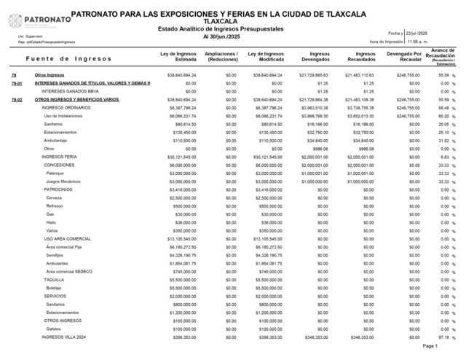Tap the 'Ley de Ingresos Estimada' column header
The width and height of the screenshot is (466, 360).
click(x=178, y=56)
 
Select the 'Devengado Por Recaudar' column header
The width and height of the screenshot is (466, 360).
click(x=404, y=56)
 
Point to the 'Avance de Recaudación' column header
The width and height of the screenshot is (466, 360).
click(x=442, y=55)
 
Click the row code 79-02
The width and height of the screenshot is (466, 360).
click(x=17, y=99)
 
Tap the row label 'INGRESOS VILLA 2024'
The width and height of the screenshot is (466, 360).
click(x=64, y=337)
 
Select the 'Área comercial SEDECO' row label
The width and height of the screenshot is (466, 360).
click(x=71, y=271)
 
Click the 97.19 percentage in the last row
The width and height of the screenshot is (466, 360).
click(x=443, y=337)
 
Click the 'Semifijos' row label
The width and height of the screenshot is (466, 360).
click(x=55, y=255)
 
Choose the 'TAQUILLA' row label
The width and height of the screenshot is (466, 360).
click(x=54, y=280)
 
